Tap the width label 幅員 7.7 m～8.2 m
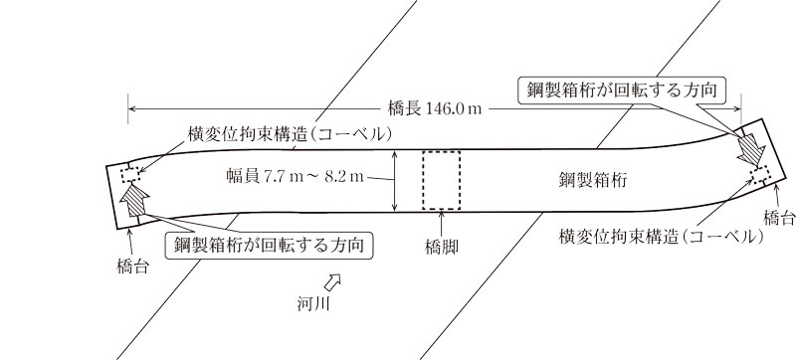tap(297, 179)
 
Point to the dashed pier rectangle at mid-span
tap(441, 180)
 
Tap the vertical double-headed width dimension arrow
tap(395, 180)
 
